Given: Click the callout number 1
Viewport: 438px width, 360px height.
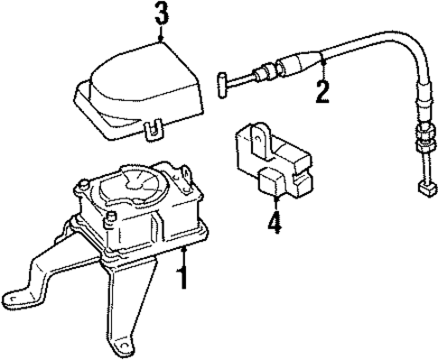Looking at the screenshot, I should tap(183, 274).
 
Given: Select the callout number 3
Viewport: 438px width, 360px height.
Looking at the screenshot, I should tap(160, 14).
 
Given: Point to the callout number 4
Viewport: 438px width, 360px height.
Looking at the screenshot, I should tap(275, 221).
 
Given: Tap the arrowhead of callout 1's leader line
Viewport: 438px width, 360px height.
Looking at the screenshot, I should tap(183, 245).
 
